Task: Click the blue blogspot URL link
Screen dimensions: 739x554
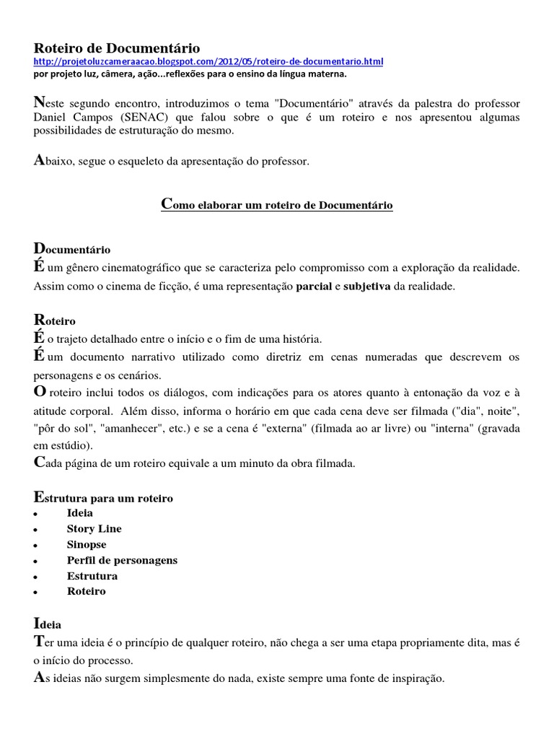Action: pos(209,62)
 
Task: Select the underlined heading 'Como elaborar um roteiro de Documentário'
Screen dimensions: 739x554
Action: pos(276,206)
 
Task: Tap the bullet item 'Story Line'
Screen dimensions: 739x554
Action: pos(94,529)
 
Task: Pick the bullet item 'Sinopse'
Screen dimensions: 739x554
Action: pos(87,545)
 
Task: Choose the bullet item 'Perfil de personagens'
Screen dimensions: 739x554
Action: pos(122,561)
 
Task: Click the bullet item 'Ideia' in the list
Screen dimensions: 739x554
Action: pos(80,513)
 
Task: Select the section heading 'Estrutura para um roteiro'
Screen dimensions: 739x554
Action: pos(104,498)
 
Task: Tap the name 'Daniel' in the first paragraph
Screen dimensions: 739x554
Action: pos(50,118)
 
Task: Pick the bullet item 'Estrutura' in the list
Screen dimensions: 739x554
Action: pos(92,577)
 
